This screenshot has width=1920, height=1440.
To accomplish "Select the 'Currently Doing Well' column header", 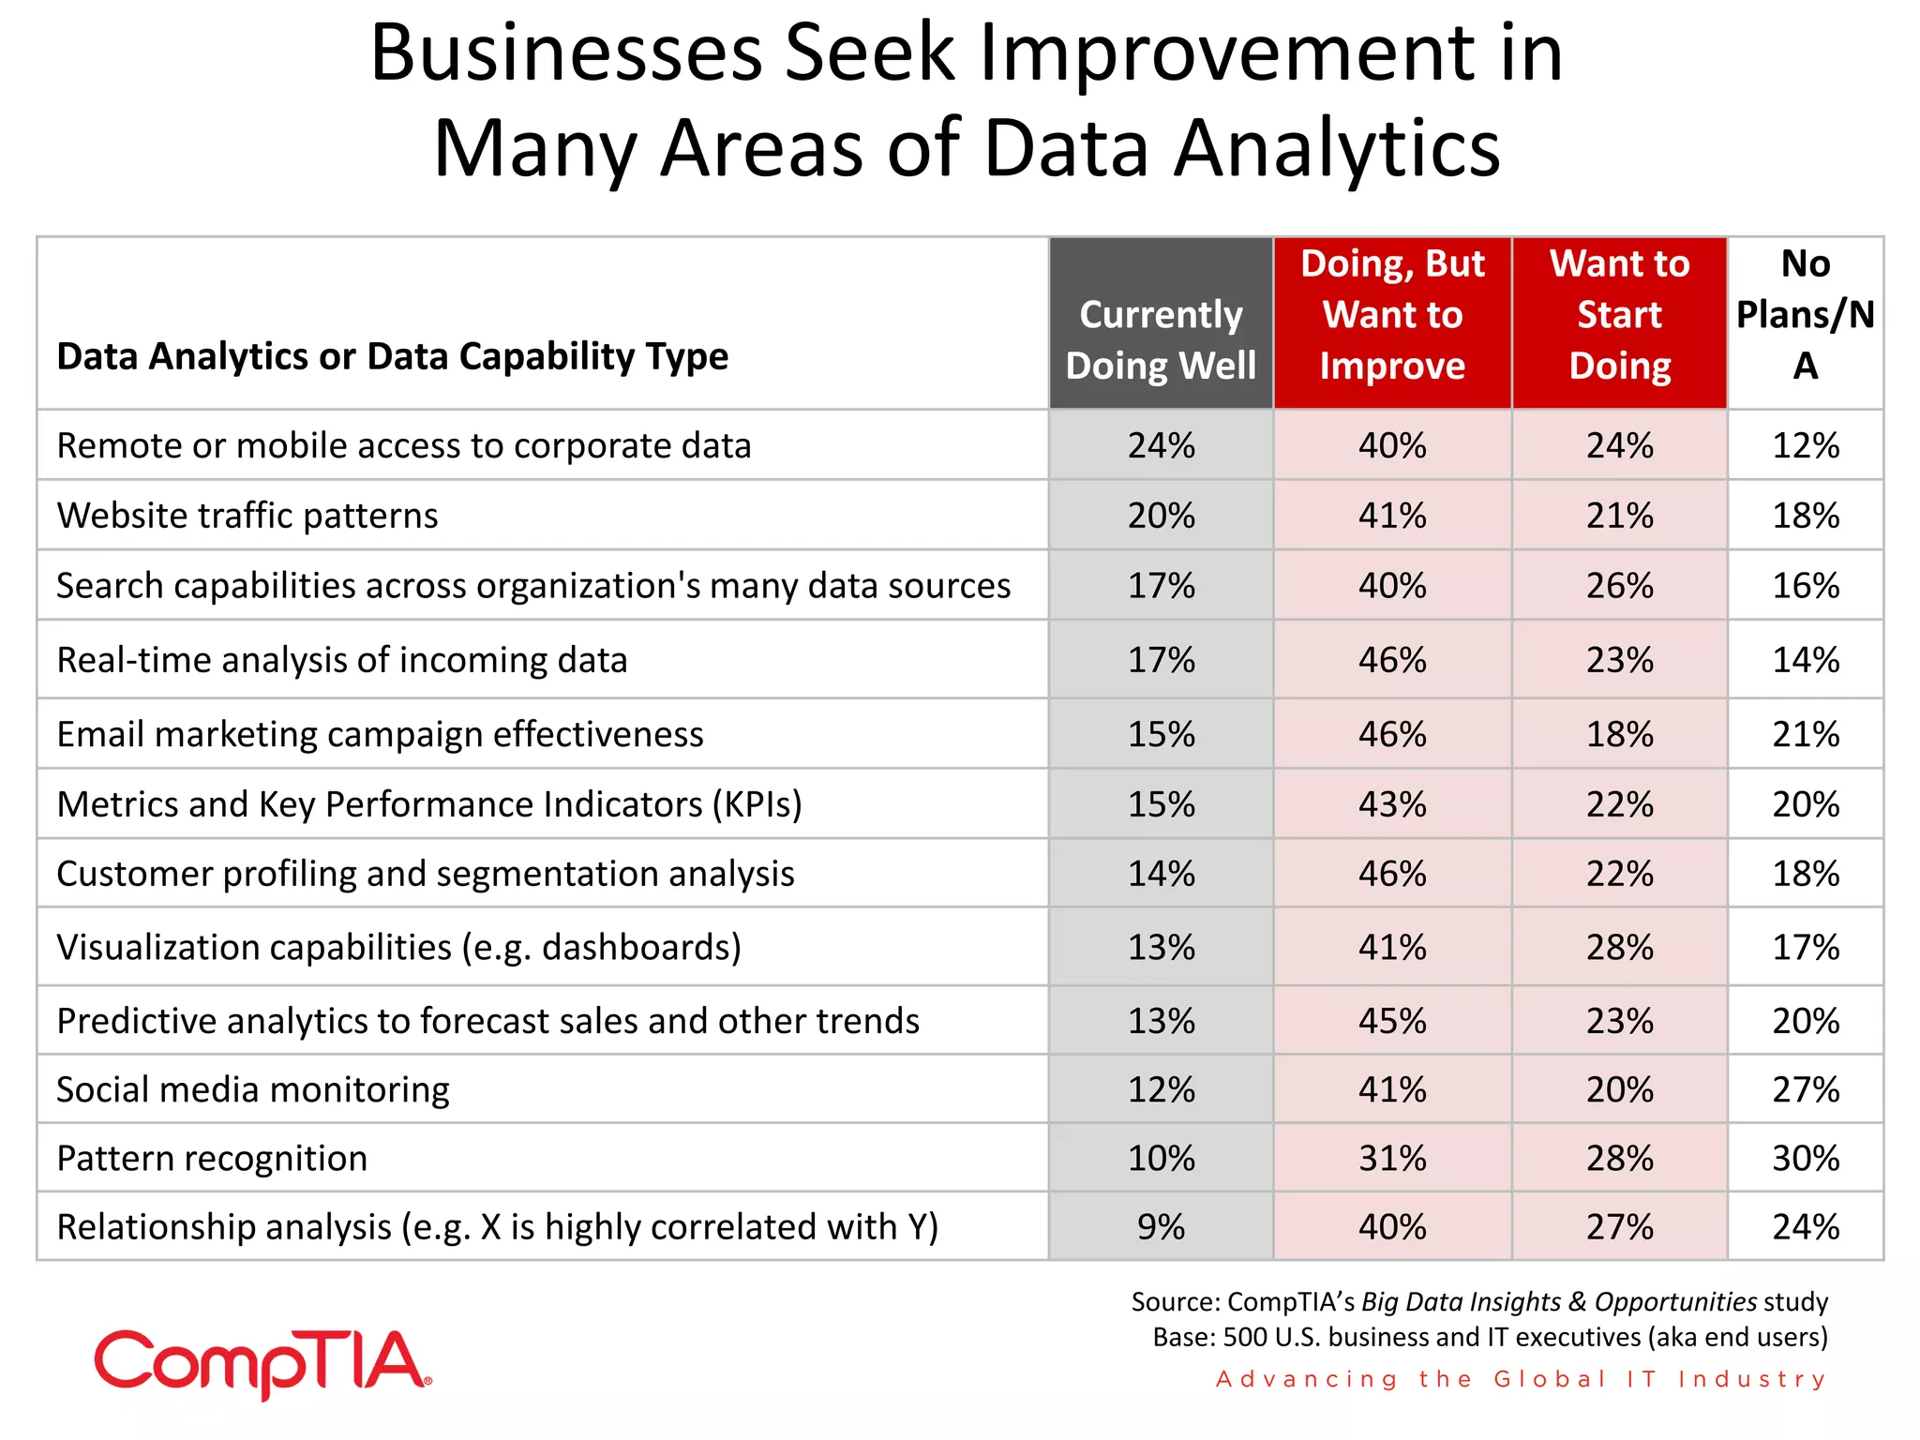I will [1161, 339].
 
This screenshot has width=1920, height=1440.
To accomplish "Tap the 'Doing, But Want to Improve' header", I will [1392, 315].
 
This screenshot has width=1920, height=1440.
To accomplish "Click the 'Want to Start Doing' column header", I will [1619, 315].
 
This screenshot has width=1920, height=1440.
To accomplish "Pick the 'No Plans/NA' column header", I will [1805, 315].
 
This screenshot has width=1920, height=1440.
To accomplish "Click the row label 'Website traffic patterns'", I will [247, 516].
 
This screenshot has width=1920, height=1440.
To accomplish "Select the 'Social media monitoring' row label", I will [253, 1089].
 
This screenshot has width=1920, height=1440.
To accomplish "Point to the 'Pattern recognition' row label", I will [212, 1158].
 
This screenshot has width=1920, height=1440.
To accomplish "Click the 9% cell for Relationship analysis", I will [1161, 1226].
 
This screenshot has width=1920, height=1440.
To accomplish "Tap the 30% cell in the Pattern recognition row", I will [1805, 1158].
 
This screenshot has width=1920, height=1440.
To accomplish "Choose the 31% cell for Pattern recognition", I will [1392, 1158].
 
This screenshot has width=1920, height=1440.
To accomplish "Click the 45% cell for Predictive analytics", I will [1392, 1020].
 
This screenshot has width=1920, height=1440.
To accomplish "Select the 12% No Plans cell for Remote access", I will [1805, 445].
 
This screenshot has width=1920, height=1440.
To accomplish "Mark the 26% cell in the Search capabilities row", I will [1619, 586].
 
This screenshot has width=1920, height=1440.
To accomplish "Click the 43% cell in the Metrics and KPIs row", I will [1392, 804].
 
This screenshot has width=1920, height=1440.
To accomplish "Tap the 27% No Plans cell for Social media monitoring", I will [1805, 1089].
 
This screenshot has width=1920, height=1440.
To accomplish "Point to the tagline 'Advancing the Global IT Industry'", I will [1521, 1379].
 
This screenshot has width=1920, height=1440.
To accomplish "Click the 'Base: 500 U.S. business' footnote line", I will [1490, 1337].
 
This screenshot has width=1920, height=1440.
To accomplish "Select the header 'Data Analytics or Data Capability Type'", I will [392, 356].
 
